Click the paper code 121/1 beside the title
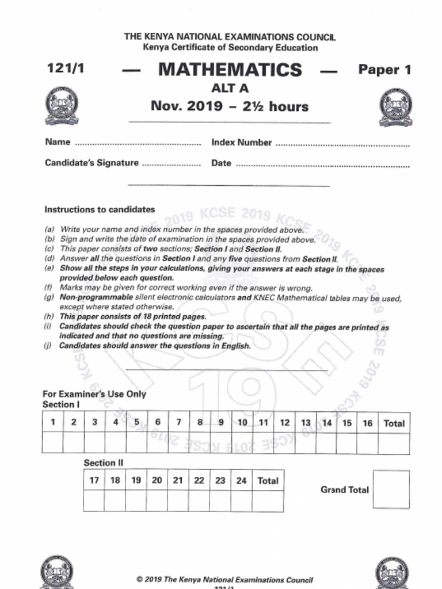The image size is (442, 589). point(66,68)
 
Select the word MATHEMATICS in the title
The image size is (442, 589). point(230,70)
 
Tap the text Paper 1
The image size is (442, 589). point(384,70)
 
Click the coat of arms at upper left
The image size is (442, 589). point(62,106)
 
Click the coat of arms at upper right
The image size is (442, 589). point(395,108)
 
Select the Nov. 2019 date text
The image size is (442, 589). point(230,106)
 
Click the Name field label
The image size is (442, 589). point(58,142)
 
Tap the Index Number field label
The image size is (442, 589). point(241,142)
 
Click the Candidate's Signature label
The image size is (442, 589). point(92,163)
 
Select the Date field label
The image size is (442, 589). point(221,163)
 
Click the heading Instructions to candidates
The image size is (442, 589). point(100,209)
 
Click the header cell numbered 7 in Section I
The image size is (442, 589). point(178,423)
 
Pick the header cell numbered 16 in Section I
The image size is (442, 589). point(367,423)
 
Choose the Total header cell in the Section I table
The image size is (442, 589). point(394,423)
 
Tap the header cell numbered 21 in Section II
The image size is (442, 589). point(178,480)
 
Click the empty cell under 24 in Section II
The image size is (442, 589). point(241,501)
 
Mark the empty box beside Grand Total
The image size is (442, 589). point(391,489)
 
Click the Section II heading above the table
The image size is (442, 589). point(104,462)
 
